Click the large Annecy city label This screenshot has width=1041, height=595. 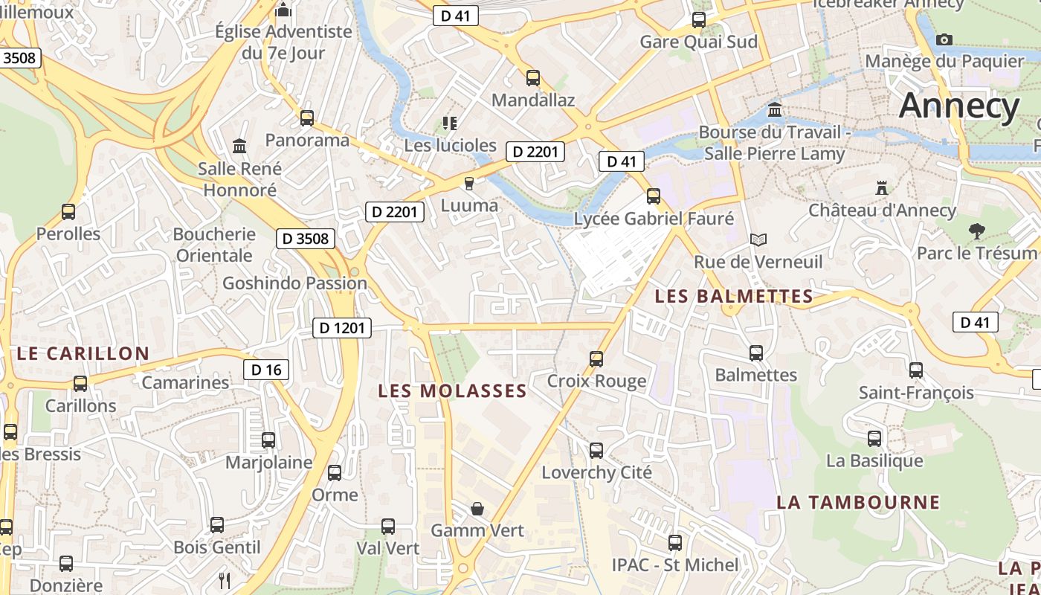[x=958, y=106]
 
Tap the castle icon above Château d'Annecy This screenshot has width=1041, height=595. [x=882, y=187]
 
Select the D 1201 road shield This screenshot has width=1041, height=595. [x=341, y=327]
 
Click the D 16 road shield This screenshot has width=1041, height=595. [x=266, y=370]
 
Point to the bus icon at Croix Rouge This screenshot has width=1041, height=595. [x=596, y=359]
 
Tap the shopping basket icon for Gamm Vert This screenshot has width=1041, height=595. [x=477, y=509]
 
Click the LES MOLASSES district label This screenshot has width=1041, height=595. [x=452, y=390]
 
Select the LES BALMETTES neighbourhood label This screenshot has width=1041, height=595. [x=733, y=296]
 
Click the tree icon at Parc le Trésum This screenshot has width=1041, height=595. [x=977, y=231]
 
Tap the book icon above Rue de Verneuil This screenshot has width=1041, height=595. [x=758, y=239]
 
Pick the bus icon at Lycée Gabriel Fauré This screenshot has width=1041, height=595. [x=654, y=196]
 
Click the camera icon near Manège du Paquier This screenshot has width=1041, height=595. [x=944, y=39]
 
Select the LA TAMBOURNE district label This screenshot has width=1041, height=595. [x=858, y=502]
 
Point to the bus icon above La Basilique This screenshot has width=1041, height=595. [x=874, y=439]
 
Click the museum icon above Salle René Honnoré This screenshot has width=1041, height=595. [x=239, y=146]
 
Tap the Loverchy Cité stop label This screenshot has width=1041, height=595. [x=596, y=472]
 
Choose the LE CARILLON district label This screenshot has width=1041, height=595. [x=83, y=353]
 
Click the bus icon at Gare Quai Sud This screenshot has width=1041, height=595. [x=699, y=20]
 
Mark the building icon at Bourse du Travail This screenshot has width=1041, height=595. [x=775, y=110]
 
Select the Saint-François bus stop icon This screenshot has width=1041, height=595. [x=916, y=370]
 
